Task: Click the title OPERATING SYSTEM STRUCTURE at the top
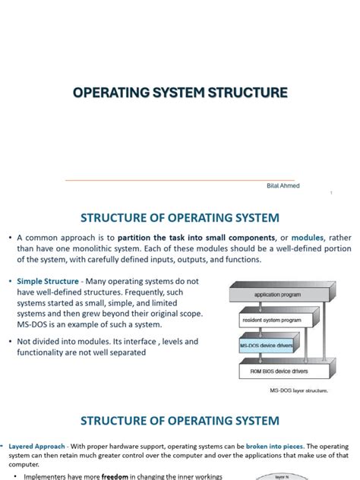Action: point(180,93)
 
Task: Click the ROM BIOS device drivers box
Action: point(274,372)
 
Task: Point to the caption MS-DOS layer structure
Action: point(298,390)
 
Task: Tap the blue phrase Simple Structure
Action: point(43,282)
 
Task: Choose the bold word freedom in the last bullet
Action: point(120,476)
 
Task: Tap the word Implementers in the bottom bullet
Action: point(49,476)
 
